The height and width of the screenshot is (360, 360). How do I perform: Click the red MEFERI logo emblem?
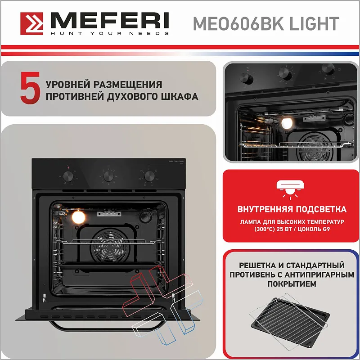(x=32, y=23)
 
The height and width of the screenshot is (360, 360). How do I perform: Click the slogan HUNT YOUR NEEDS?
(x=109, y=33)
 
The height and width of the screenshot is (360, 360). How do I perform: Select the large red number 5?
(x=30, y=89)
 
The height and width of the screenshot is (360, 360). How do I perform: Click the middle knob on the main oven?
(x=108, y=175)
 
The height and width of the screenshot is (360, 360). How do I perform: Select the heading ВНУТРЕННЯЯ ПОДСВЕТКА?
(x=292, y=209)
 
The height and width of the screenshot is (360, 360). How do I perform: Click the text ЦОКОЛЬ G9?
(x=315, y=229)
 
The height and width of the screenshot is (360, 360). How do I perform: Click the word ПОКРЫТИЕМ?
(x=292, y=284)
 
